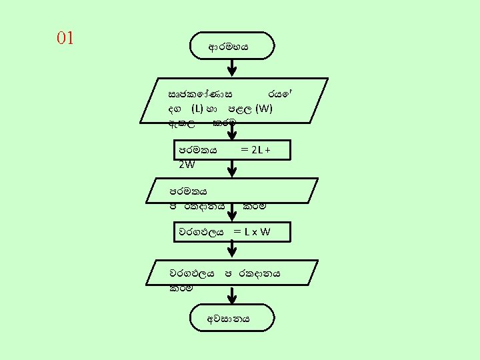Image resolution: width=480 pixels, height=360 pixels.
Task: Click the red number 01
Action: coord(65,38)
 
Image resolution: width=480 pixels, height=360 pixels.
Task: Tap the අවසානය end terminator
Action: coord(231,319)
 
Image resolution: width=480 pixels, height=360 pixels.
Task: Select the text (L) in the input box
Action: coord(197,108)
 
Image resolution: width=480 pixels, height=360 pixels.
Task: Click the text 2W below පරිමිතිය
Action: coord(187,164)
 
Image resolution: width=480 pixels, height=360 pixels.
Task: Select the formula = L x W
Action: coord(251,232)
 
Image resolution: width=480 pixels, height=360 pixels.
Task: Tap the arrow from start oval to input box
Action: coord(231,67)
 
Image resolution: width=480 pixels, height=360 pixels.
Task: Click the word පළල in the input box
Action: coord(235,108)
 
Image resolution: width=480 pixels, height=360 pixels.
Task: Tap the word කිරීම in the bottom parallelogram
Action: coord(181,288)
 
